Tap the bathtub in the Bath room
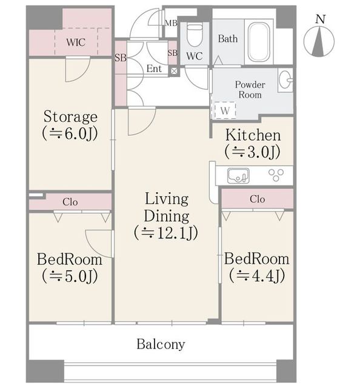point(259,42)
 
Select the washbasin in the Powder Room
point(285,79)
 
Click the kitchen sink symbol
point(238,176)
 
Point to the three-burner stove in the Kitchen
point(276,175)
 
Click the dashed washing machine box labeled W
point(225,110)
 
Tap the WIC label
point(76,42)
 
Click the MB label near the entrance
point(172,23)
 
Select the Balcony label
point(161,344)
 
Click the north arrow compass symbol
point(319,41)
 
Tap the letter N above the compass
point(321,19)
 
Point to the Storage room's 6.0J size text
point(70,134)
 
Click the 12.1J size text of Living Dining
point(166,233)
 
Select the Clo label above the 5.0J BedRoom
point(70,202)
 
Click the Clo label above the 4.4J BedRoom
point(258,199)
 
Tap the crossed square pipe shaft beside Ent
point(174,72)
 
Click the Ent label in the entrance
point(154,69)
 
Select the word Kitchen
point(253,135)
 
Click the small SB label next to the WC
point(173,53)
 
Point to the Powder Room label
point(250,90)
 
